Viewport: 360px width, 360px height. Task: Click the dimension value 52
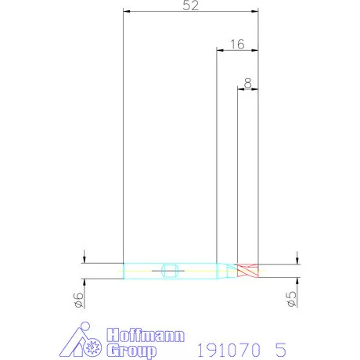[191, 5]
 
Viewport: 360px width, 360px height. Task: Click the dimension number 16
[237, 45]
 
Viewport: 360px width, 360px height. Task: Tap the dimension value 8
[248, 83]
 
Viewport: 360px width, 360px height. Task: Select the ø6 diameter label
[78, 300]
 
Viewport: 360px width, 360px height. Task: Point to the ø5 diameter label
[291, 299]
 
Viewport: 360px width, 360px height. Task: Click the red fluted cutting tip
[248, 271]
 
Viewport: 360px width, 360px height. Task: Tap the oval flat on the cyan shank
[170, 271]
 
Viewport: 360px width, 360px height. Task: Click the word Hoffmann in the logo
[146, 335]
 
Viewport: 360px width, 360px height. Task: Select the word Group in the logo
[131, 351]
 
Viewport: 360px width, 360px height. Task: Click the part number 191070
[229, 350]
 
